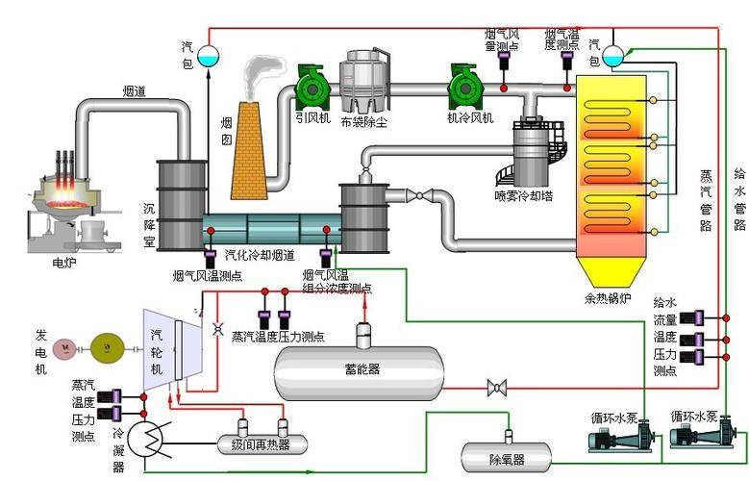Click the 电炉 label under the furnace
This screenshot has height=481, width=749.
pyautogui.click(x=64, y=260)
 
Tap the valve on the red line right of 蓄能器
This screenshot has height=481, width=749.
pyautogui.click(x=498, y=388)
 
